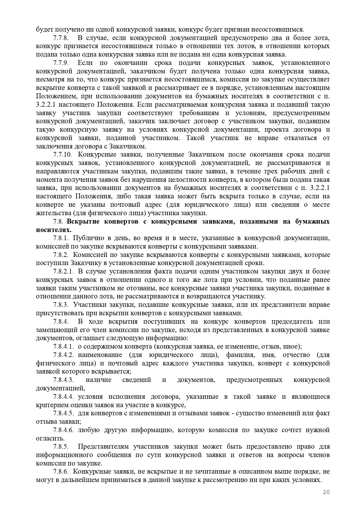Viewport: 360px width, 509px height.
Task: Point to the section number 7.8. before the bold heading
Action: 58,222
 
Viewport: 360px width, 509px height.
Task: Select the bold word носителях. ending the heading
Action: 54,230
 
